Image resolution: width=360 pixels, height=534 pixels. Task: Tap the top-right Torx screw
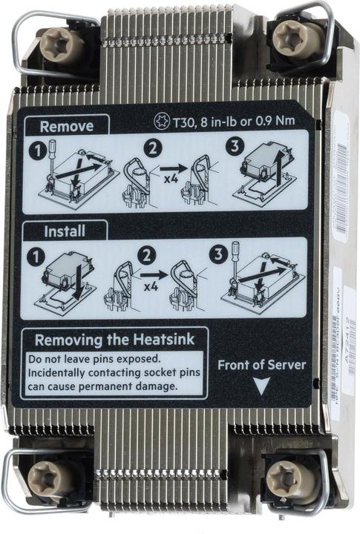[290, 36]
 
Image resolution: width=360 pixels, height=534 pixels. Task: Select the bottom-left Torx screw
[47, 475]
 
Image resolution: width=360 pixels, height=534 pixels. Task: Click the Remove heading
[66, 126]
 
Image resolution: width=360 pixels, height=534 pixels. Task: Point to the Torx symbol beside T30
[159, 119]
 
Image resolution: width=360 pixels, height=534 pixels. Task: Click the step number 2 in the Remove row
[152, 148]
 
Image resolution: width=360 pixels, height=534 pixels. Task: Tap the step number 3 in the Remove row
[235, 147]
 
